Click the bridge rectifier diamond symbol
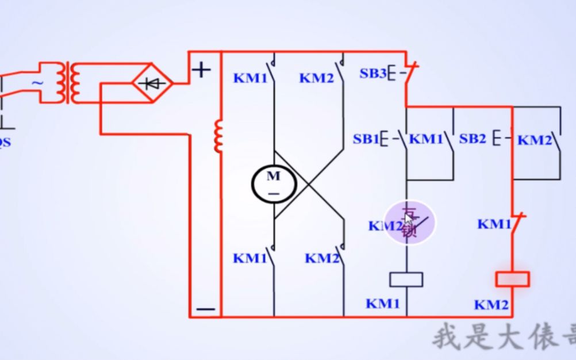click(x=153, y=84)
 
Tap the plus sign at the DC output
click(x=201, y=70)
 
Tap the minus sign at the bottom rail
click(x=205, y=309)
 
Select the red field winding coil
click(x=218, y=136)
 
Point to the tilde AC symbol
click(x=37, y=83)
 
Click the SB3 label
click(x=373, y=74)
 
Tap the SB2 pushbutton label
click(x=473, y=139)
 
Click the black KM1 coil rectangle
click(x=406, y=279)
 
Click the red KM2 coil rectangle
click(x=512, y=279)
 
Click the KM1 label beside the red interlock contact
click(x=494, y=224)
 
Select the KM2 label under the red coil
click(x=491, y=305)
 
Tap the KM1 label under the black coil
click(x=383, y=303)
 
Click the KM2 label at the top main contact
click(x=316, y=78)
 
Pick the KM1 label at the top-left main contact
click(x=250, y=78)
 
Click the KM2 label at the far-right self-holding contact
click(x=535, y=140)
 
